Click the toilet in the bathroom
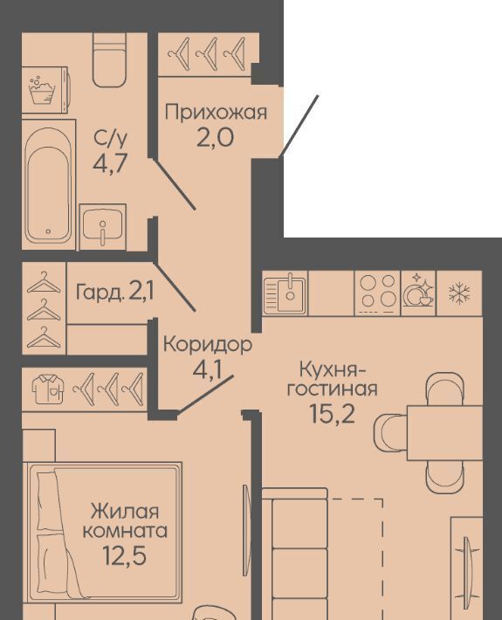109,59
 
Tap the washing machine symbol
42,90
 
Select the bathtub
48,185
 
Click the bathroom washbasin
103,226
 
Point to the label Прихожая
216,113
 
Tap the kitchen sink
285,293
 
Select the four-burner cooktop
378,293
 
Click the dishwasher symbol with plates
418,293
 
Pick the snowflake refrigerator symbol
459,293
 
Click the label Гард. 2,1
115,293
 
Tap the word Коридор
208,344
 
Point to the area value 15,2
332,414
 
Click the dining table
444,432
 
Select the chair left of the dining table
390,432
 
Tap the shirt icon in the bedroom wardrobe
48,389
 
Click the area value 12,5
124,555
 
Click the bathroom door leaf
174,183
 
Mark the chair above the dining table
444,389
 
